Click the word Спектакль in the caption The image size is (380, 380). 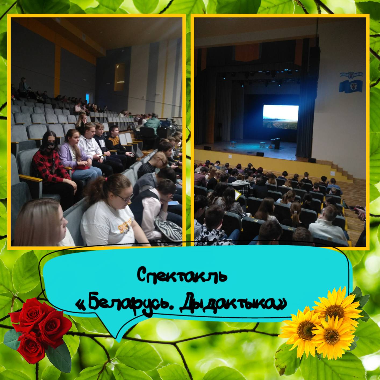pyautogui.click(x=182, y=275)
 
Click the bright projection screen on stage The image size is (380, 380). pyautogui.click(x=281, y=117)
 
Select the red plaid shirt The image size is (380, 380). pyautogui.click(x=51, y=168)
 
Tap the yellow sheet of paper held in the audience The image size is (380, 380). pyautogui.click(x=237, y=195)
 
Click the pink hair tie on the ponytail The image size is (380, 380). pyautogui.click(x=106, y=179)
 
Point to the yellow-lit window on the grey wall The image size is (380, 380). pyautogui.click(x=120, y=77)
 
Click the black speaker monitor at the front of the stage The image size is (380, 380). pyautogui.click(x=260, y=154)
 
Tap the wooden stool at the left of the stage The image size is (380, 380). pyautogui.click(x=234, y=144)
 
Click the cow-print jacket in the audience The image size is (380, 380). pyautogui.click(x=213, y=237)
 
